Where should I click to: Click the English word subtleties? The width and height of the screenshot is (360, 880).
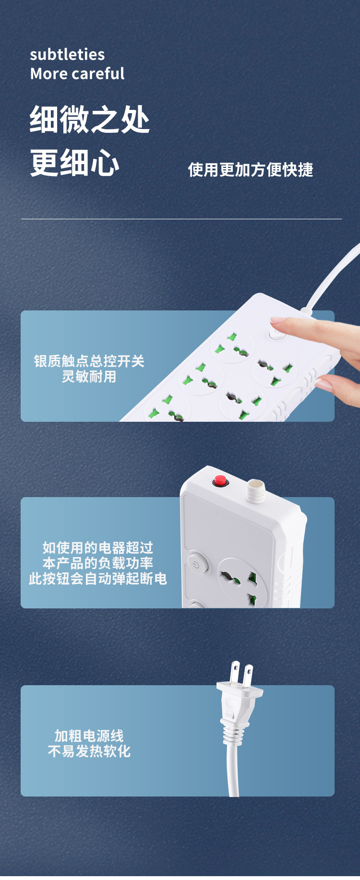pyautogui.click(x=67, y=55)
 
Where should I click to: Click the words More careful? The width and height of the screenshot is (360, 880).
pyautogui.click(x=77, y=74)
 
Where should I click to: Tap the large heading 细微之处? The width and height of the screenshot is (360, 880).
pyautogui.click(x=90, y=120)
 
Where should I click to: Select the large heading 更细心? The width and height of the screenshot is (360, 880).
pyautogui.click(x=74, y=163)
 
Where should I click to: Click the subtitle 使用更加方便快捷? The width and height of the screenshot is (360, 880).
pyautogui.click(x=250, y=170)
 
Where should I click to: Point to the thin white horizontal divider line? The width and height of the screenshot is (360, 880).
pyautogui.click(x=181, y=219)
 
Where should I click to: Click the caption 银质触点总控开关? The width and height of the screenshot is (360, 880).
pyautogui.click(x=89, y=361)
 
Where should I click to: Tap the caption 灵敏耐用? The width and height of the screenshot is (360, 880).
pyautogui.click(x=89, y=377)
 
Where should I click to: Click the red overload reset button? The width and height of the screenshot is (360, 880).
pyautogui.click(x=220, y=480)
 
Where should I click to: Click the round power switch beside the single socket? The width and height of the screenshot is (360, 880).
pyautogui.click(x=196, y=564)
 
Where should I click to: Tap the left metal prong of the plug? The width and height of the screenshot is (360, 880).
pyautogui.click(x=235, y=674)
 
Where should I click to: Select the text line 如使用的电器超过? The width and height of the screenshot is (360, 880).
pyautogui.click(x=97, y=548)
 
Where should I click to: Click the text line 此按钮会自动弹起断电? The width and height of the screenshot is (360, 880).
pyautogui.click(x=97, y=579)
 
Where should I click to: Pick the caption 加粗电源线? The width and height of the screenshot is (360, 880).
pyautogui.click(x=89, y=736)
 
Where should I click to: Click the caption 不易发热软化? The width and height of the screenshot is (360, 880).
pyautogui.click(x=89, y=751)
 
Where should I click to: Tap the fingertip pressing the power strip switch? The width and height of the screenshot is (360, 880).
pyautogui.click(x=277, y=321)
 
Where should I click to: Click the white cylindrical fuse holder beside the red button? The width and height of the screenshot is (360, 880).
pyautogui.click(x=255, y=490)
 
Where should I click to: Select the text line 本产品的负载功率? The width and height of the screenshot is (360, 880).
pyautogui.click(x=97, y=563)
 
